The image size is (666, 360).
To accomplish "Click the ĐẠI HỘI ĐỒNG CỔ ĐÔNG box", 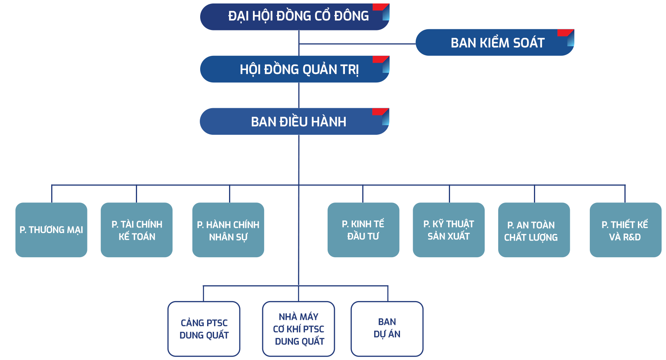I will point(295,17).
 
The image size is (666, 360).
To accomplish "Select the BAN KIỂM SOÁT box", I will point(494,43).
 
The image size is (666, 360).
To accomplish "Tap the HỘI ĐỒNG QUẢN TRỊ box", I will point(295,69).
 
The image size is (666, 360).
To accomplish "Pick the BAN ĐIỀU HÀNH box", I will point(295,122).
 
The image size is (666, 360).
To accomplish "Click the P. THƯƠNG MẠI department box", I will point(52,230).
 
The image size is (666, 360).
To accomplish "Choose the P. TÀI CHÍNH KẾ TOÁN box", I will point(137,230).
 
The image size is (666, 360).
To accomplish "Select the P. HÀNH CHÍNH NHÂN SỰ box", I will point(228,230).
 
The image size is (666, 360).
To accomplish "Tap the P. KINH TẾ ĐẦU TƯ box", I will point(363,230).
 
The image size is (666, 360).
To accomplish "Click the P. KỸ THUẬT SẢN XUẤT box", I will point(449,230).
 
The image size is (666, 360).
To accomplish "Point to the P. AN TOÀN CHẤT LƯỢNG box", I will point(534,230).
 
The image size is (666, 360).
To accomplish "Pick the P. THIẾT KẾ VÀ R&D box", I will point(625,230).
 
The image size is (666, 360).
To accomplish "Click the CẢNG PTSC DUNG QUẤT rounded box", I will point(204,329).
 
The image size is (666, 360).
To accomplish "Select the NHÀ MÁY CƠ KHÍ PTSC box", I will point(299,329).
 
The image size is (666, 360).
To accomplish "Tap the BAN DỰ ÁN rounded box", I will point(387,329).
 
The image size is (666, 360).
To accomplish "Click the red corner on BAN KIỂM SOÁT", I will point(564,32).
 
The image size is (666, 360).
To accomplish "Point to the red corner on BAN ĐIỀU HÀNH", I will point(380,112).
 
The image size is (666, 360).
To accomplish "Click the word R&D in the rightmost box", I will point(632,237).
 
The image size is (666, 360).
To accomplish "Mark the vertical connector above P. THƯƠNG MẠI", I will point(52,193).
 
